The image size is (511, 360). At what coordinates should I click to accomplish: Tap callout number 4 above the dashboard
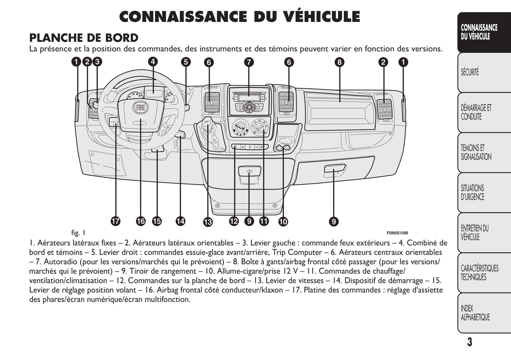point(152,62)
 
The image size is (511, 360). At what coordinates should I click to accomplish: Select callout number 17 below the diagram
point(115,222)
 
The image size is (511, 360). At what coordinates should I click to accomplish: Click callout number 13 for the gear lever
point(208,222)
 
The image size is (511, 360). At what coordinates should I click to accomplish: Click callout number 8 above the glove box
point(339,62)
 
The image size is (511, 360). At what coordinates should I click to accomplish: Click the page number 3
point(469,342)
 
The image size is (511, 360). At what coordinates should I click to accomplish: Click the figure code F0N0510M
point(397,233)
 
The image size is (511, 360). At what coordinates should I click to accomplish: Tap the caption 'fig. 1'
point(78,233)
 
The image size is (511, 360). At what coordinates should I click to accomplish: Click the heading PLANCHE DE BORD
point(84,38)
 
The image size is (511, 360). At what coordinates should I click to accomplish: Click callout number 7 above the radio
point(249,62)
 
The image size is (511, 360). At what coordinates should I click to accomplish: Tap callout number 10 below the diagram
point(283,222)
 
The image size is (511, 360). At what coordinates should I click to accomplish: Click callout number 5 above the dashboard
point(186,62)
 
